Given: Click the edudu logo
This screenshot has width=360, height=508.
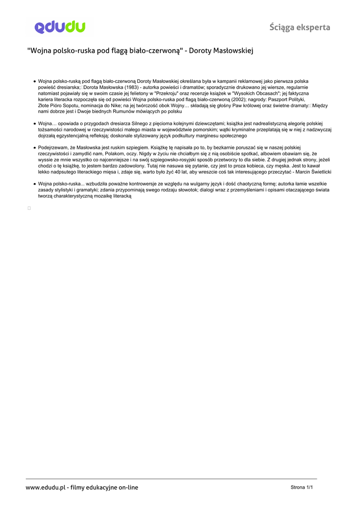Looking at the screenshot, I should tap(60, 27).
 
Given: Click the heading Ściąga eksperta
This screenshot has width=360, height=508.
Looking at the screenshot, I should tap(299, 27).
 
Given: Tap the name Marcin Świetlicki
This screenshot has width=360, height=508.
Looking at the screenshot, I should tap(312, 172).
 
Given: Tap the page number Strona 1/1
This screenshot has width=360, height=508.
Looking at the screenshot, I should tap(301, 488).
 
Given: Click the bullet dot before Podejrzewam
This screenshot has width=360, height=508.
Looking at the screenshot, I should tap(34, 148).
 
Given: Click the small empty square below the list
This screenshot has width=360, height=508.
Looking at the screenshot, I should tap(29, 208).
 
